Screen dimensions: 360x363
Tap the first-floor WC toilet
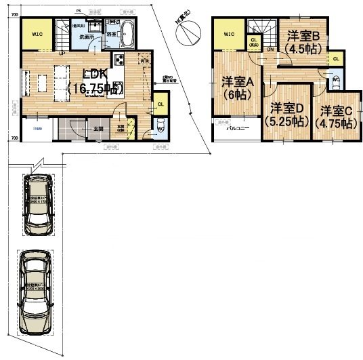pyautogui.click(x=161, y=127)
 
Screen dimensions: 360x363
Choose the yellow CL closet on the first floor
pyautogui.click(x=161, y=105)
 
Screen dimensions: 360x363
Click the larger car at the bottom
pyautogui.click(x=35, y=292)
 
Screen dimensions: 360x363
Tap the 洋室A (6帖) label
pyautogui.click(x=237, y=88)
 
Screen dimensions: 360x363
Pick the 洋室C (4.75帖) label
pyautogui.click(x=337, y=116)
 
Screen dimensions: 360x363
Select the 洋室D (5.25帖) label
pyautogui.click(x=287, y=115)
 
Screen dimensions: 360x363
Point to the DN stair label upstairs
pyautogui.click(x=270, y=49)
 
